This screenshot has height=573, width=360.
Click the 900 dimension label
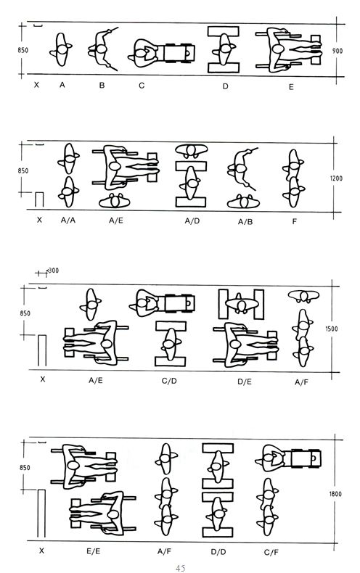click(337, 51)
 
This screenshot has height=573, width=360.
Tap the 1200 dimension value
click(336, 178)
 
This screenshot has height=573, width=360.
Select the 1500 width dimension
click(332, 329)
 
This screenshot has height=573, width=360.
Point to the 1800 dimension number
click(335, 494)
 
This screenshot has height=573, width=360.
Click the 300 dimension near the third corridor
click(54, 271)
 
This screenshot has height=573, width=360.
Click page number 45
click(180, 568)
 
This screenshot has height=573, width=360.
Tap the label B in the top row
click(102, 85)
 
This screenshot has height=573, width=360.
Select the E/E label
click(94, 551)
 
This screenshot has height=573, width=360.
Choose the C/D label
click(169, 381)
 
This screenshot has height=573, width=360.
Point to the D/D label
click(218, 551)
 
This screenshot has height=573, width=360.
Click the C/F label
click(271, 552)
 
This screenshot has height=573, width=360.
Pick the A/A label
click(68, 220)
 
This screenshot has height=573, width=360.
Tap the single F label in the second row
click(294, 221)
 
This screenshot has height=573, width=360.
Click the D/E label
click(245, 382)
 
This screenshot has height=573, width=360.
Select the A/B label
click(245, 221)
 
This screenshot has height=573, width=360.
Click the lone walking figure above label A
click(61, 49)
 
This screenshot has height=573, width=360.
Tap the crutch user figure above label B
click(102, 49)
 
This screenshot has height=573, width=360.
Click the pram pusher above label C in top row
click(161, 54)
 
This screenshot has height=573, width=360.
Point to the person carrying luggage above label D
click(224, 49)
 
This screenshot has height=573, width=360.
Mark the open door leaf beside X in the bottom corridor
click(41, 514)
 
